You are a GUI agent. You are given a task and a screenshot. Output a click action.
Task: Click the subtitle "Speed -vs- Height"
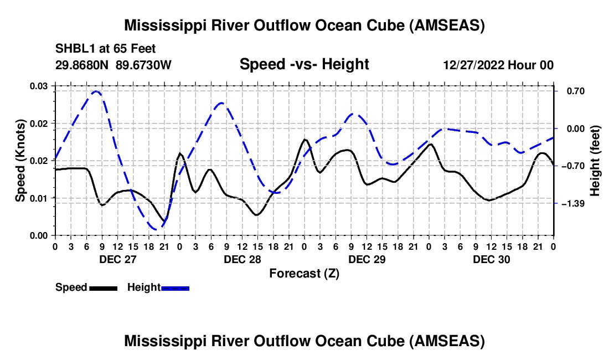(x=304, y=64)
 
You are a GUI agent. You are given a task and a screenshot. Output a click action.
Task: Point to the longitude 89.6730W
(x=144, y=65)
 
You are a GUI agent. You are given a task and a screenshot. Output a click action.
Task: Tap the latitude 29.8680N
(x=83, y=65)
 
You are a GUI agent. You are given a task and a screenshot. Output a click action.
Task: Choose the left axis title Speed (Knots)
(x=20, y=161)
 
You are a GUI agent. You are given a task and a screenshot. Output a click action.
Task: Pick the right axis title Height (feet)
(x=595, y=161)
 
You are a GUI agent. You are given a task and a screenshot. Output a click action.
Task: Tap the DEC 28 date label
(x=242, y=259)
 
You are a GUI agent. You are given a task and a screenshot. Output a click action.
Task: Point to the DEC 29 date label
(x=367, y=259)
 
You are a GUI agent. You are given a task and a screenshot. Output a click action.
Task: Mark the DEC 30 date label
(x=491, y=259)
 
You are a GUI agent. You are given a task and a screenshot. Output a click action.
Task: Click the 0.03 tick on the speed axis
(x=39, y=86)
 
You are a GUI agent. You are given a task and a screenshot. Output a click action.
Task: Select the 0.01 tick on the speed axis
(x=39, y=198)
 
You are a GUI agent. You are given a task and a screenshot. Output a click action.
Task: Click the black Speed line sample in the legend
(x=103, y=287)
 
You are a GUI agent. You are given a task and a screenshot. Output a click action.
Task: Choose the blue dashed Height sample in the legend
(x=175, y=287)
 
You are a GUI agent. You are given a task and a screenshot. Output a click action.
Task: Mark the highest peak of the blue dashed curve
(x=96, y=91)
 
